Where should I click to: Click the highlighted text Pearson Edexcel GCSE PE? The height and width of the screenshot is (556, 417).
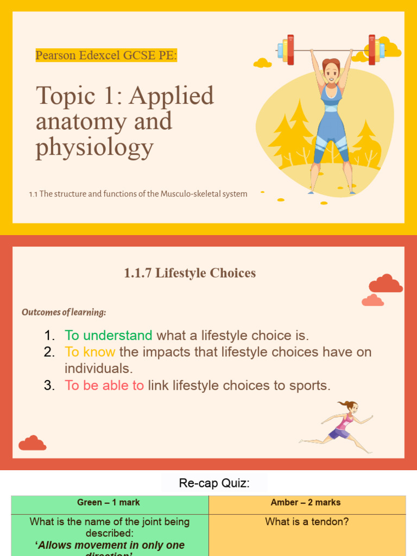click(x=106, y=55)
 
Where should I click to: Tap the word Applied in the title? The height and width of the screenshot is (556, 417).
click(x=171, y=96)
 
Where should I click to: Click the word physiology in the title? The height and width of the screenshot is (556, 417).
click(x=94, y=147)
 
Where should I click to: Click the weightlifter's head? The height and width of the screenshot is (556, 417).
click(x=331, y=69)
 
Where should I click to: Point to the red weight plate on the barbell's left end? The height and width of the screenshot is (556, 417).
click(x=290, y=49)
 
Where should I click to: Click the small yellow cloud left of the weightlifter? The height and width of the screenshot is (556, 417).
click(x=262, y=63)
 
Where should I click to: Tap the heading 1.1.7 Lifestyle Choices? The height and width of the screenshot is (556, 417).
click(x=189, y=273)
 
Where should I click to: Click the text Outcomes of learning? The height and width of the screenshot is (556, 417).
click(x=64, y=312)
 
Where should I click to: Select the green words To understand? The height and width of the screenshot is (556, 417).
click(x=108, y=336)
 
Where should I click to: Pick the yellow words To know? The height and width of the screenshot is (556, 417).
click(x=90, y=352)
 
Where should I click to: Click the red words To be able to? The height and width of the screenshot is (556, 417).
click(x=104, y=386)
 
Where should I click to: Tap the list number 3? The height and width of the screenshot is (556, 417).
click(x=49, y=386)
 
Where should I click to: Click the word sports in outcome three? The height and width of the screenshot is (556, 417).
click(x=309, y=386)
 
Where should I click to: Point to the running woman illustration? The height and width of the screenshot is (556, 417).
click(x=339, y=426)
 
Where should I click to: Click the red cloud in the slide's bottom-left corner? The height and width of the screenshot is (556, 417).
click(x=32, y=443)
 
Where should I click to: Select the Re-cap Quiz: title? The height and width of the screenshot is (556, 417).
click(x=214, y=483)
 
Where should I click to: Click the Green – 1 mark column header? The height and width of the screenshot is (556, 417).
click(x=109, y=503)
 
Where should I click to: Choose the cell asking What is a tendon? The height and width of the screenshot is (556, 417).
click(x=307, y=522)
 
